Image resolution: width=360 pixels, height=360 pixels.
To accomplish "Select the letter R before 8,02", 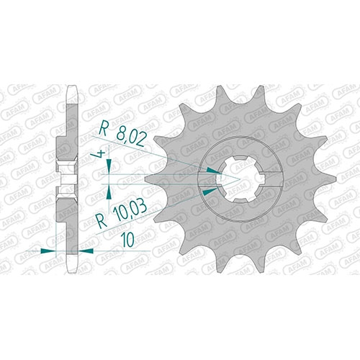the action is point(103,130).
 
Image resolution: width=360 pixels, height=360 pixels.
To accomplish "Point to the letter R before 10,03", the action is point(102,222).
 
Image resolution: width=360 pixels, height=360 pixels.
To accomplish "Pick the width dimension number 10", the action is point(127,240).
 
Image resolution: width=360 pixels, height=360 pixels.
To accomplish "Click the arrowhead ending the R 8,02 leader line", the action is point(215,171).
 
